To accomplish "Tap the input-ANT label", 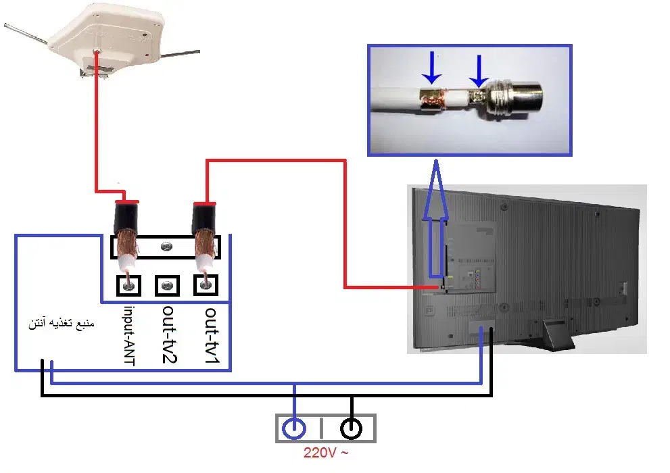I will tap(129, 335).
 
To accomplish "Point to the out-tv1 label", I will tap(210, 334).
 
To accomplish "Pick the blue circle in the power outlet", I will tap(294, 428).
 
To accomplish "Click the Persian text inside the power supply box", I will tap(62, 324).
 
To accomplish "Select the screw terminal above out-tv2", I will tap(168, 286).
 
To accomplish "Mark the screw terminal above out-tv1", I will tap(207, 286).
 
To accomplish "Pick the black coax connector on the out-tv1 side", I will tap(204, 216).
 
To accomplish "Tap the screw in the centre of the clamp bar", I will tap(168, 247).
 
